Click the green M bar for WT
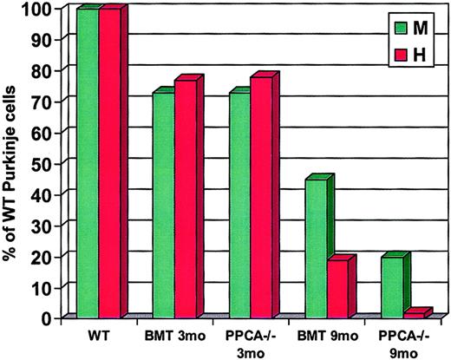pyautogui.click(x=87, y=165)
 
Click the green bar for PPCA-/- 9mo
pyautogui.click(x=392, y=287)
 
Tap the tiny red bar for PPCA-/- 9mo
pyautogui.click(x=415, y=314)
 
